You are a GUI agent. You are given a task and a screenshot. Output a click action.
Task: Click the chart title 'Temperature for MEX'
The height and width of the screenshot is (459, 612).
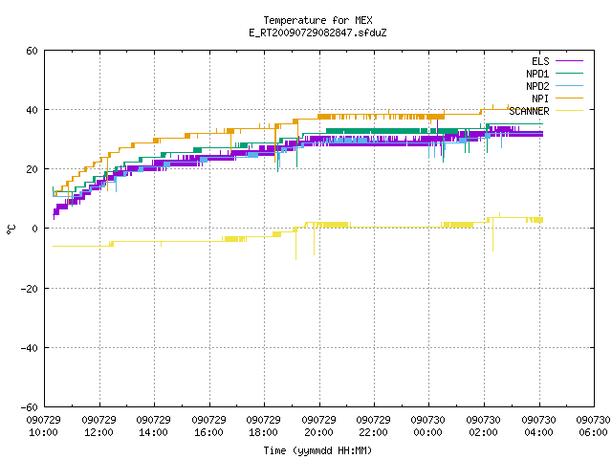pos(317,20)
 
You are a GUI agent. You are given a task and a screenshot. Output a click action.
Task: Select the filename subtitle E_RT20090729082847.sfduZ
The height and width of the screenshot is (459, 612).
pos(317,33)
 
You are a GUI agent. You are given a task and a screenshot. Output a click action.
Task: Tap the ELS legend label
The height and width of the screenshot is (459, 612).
pos(540,61)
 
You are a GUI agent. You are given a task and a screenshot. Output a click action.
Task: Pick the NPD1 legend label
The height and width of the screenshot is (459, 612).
pos(537,74)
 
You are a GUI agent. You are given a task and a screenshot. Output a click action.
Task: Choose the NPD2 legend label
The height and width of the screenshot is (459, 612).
pos(537,86)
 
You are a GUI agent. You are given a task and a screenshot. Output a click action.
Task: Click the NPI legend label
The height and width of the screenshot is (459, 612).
pos(540,98)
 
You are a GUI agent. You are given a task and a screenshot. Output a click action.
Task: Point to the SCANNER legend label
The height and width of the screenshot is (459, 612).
pos(529,111)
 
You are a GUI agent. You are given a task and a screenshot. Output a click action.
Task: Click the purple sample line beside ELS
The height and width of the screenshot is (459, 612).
pos(569,61)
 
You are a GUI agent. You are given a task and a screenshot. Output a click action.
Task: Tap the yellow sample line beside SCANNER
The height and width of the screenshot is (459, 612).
pos(569,111)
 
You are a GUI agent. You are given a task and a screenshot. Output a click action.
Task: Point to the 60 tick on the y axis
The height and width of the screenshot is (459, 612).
pos(32,51)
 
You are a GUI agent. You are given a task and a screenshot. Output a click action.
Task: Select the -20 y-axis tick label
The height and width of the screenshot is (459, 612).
pos(30,289)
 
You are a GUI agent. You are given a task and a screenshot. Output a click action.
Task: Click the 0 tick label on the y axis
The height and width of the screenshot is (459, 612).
pos(35,229)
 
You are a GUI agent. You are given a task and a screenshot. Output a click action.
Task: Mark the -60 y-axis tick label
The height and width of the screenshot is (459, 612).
pos(30,407)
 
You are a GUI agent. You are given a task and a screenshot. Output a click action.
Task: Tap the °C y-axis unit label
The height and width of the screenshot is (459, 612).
pos(11,229)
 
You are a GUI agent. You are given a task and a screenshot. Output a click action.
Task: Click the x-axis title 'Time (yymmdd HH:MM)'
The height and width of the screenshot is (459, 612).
pos(317,450)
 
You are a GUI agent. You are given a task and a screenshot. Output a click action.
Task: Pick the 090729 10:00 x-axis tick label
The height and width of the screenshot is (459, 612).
pos(44,426)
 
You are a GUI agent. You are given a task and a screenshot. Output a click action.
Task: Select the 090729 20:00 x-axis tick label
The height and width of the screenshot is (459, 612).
pos(318,426)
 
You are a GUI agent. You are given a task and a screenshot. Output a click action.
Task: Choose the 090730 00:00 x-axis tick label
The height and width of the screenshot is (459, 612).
pos(427,426)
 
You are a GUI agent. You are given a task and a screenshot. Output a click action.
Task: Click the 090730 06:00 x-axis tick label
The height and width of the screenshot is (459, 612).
pos(593,426)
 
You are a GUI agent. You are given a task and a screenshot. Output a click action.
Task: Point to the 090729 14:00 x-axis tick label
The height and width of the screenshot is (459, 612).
pos(153,426)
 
